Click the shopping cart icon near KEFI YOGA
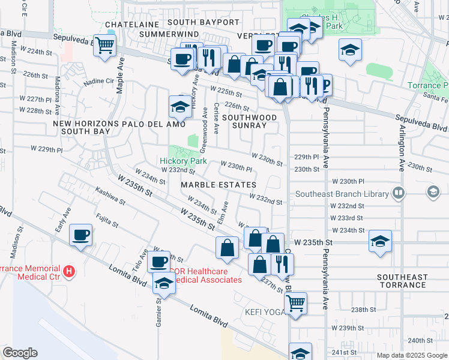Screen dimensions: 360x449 295,304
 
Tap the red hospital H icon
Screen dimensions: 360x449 70,272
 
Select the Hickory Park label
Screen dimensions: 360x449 183,161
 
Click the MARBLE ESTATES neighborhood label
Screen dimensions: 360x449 218,185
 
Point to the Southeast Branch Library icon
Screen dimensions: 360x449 397,193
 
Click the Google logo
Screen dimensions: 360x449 20,353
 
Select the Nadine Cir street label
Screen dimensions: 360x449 99,80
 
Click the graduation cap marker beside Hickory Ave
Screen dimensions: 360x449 179,107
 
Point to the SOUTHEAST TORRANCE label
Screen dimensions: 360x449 402,281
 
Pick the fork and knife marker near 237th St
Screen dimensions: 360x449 281,263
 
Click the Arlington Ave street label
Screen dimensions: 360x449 400,148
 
